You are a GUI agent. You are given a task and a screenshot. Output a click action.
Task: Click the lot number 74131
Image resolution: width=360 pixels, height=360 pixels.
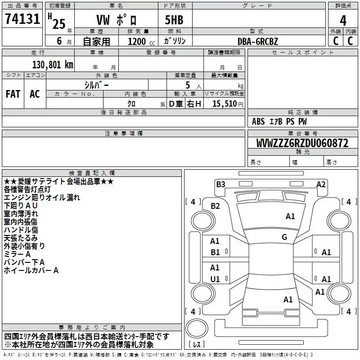point(22,21)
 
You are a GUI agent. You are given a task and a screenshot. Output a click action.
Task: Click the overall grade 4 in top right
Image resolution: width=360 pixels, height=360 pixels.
point(343,20)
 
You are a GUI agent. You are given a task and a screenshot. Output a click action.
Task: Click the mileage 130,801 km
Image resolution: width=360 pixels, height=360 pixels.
point(53,64)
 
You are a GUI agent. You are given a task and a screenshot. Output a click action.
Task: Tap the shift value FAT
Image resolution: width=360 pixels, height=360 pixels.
point(13,94)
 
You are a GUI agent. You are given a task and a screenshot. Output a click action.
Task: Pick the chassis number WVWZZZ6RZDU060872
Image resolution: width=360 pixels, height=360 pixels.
point(302,144)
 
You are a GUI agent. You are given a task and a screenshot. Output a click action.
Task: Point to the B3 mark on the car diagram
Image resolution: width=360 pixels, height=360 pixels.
point(220,184)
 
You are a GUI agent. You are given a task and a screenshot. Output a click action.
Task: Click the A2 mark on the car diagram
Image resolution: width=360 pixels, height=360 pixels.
point(321,184)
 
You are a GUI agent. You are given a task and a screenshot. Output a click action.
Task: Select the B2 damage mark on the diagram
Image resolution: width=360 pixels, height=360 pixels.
point(215,206)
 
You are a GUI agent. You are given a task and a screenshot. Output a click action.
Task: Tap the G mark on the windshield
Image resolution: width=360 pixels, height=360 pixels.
point(284,237)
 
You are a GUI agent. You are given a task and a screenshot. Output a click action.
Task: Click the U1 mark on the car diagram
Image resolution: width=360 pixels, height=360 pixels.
point(215,279)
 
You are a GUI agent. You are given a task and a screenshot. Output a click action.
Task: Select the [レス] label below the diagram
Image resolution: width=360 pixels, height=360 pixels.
point(197,345)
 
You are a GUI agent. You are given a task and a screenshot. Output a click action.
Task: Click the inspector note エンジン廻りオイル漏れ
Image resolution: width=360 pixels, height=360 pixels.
point(42,198)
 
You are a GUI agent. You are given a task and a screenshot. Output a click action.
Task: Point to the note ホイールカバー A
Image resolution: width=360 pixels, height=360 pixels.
point(31,270)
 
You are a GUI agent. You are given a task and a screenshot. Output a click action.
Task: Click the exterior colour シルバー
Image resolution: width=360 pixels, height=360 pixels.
point(96,85)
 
